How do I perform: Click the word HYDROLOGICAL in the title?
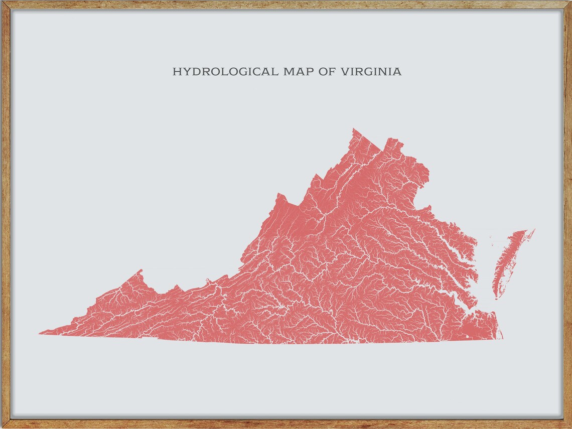tap(225, 72)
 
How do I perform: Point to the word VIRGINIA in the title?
tap(371, 72)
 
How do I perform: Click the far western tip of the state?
tap(40, 333)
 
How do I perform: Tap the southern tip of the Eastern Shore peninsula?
tap(496, 299)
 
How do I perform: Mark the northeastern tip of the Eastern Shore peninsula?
tap(534, 230)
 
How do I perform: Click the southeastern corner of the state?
tap(502, 339)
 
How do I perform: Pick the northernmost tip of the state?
tap(353, 128)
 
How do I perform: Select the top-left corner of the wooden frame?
tap(2, 2)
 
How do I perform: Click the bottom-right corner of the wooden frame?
tap(570, 427)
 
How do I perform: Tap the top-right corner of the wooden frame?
tap(570, 2)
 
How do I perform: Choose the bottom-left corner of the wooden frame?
tap(2, 427)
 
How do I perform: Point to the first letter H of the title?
tap(176, 72)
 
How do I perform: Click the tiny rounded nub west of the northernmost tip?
tap(316, 176)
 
